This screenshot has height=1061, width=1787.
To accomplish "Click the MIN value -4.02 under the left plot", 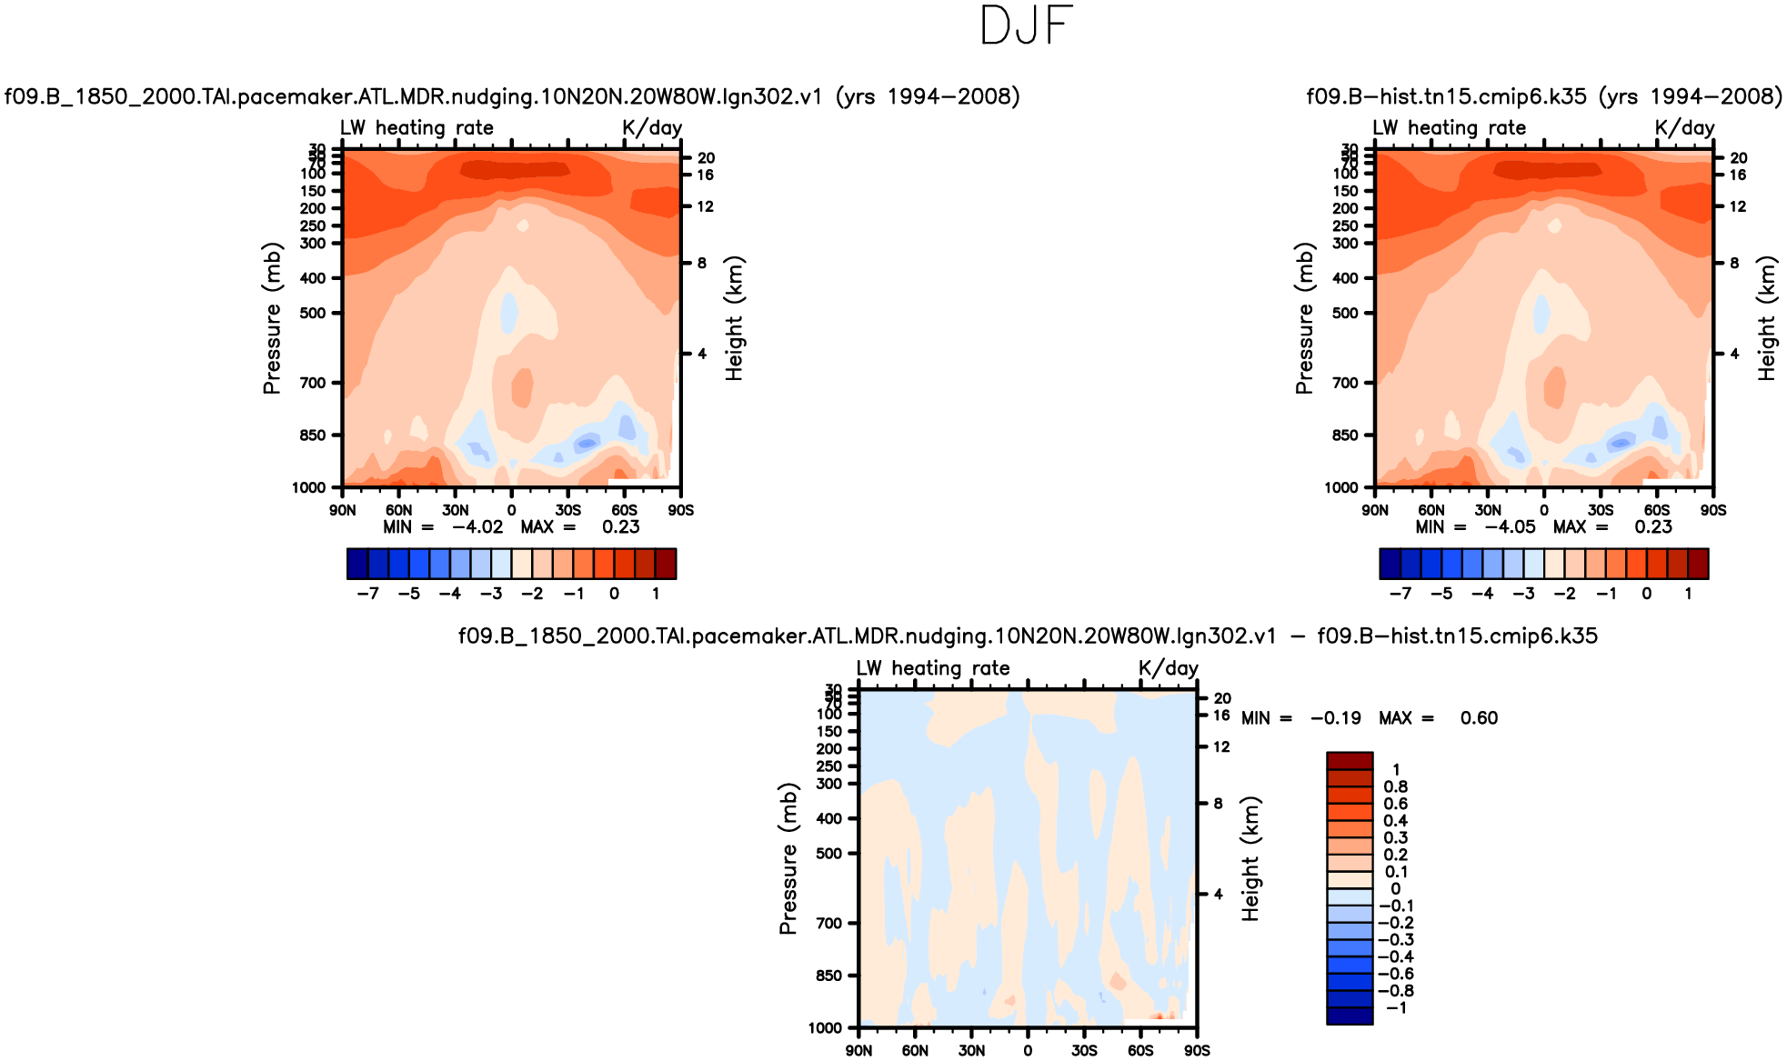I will pyautogui.click(x=477, y=527).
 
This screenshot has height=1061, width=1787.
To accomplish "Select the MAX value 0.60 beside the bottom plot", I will pyautogui.click(x=1479, y=718).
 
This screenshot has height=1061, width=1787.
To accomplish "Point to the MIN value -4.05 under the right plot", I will pyautogui.click(x=1510, y=527).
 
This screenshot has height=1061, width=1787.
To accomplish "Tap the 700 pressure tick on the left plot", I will pyautogui.click(x=313, y=383).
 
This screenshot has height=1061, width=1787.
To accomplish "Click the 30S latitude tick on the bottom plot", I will pyautogui.click(x=1084, y=1051).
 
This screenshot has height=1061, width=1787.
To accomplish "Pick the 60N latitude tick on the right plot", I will pyautogui.click(x=1431, y=511).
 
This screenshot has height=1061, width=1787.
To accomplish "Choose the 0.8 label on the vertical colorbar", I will pyautogui.click(x=1396, y=786).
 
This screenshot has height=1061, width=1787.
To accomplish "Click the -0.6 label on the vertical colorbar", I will pyautogui.click(x=1396, y=974).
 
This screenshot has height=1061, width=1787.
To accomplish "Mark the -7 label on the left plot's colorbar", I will pyautogui.click(x=367, y=594).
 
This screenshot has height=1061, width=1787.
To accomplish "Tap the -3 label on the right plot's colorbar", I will pyautogui.click(x=1524, y=594).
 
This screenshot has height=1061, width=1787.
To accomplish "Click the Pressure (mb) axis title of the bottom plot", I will pyautogui.click(x=788, y=858).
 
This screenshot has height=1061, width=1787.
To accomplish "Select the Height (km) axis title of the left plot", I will pyautogui.click(x=734, y=318).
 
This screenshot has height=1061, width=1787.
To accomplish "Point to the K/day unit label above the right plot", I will pyautogui.click(x=1684, y=127).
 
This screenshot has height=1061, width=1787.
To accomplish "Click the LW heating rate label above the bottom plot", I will pyautogui.click(x=933, y=668).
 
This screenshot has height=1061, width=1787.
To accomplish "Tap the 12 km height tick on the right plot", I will pyautogui.click(x=1737, y=206).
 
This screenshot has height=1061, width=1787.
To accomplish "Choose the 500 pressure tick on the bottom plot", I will pyautogui.click(x=829, y=854).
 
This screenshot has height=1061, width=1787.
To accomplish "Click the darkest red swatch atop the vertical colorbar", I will pyautogui.click(x=1350, y=761).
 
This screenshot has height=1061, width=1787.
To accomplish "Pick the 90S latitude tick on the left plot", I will pyautogui.click(x=681, y=511).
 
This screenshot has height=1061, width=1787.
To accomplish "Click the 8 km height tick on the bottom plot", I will pyautogui.click(x=1219, y=804).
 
